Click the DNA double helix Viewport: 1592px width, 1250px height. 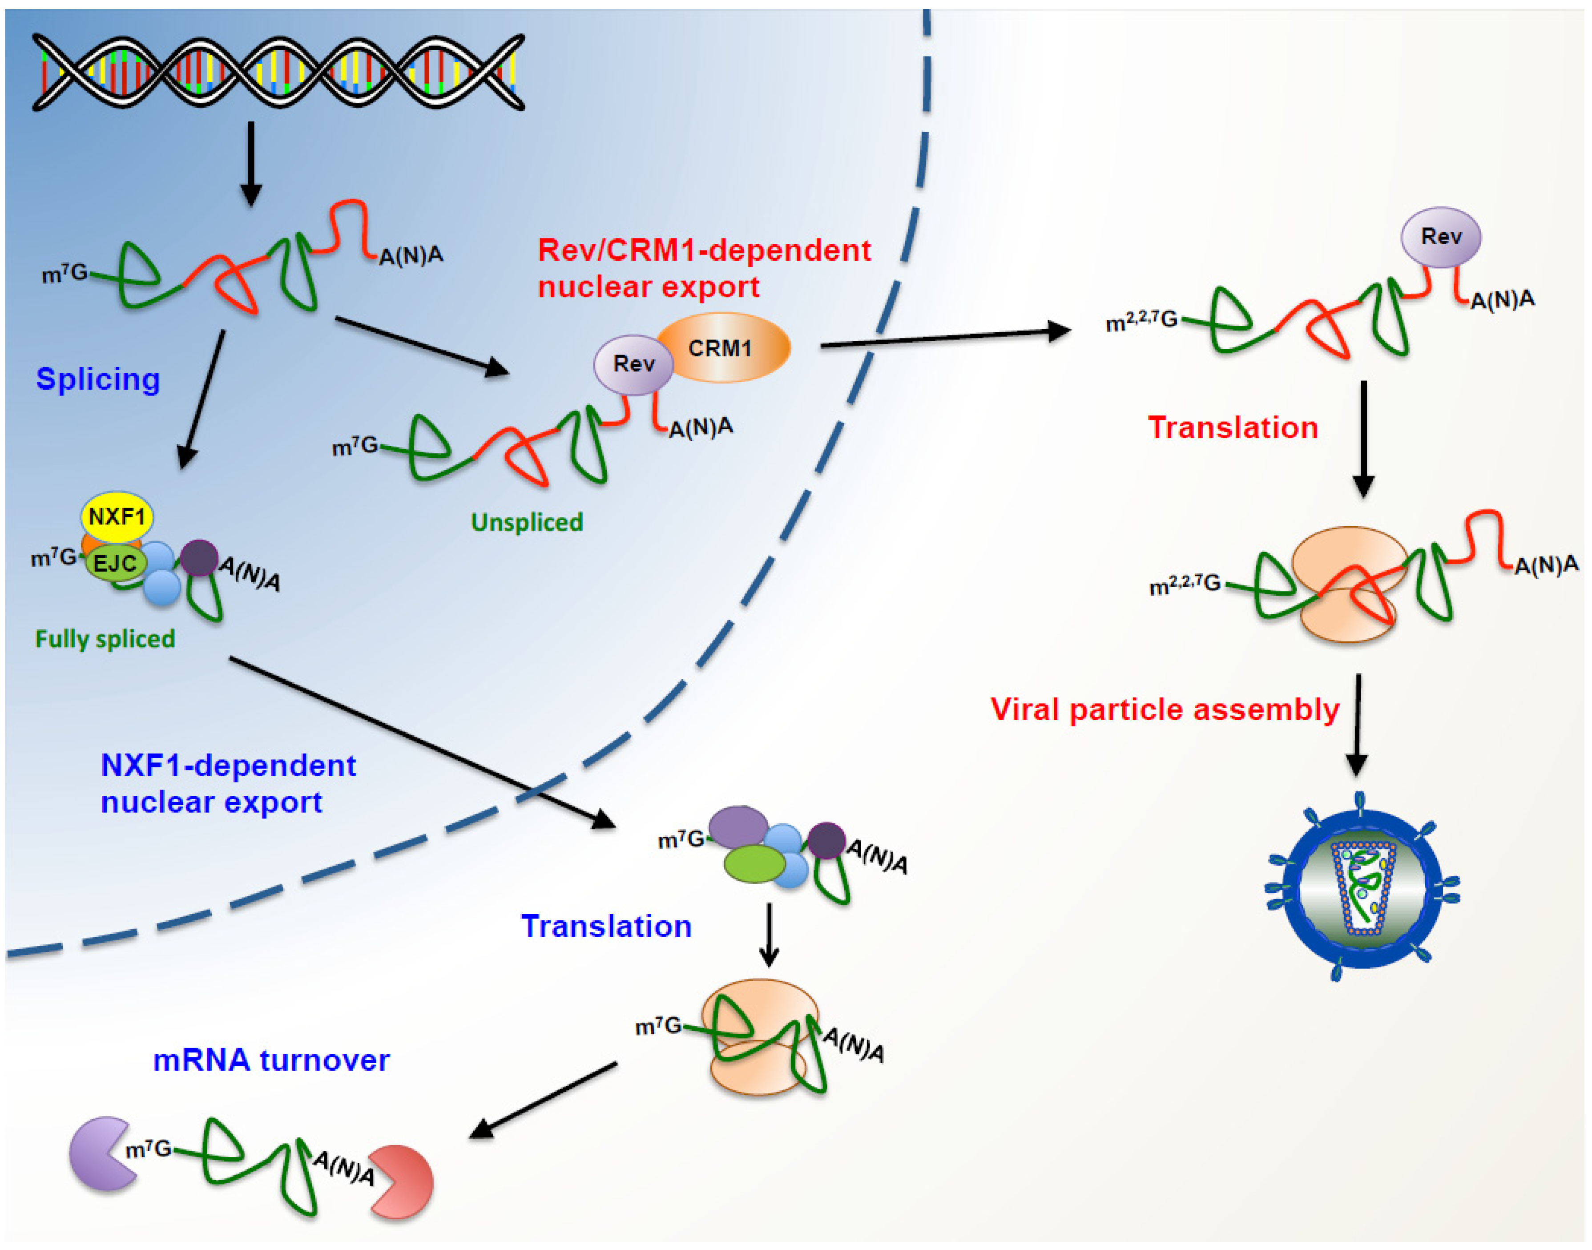(x=278, y=72)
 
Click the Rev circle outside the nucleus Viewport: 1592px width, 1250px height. (x=1440, y=236)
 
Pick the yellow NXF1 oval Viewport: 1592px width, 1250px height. (x=117, y=517)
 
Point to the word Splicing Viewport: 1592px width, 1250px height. (x=98, y=379)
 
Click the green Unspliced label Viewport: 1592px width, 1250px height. (x=527, y=522)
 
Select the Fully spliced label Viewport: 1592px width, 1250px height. (x=105, y=639)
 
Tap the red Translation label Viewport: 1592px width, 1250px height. (x=1232, y=427)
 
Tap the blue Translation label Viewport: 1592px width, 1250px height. (x=606, y=926)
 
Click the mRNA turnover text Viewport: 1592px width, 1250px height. (x=271, y=1060)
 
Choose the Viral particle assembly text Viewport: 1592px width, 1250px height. (x=1164, y=709)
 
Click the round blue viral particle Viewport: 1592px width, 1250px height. (x=1362, y=888)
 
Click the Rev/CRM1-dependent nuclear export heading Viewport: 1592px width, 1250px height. (x=703, y=268)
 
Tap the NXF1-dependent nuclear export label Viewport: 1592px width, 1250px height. (x=228, y=783)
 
